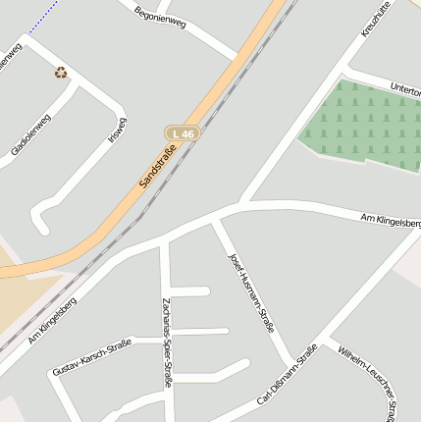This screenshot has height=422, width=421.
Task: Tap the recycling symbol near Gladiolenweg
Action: (x=61, y=72)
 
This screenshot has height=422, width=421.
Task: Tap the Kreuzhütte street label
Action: (x=376, y=20)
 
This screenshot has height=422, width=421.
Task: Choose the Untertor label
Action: (x=403, y=89)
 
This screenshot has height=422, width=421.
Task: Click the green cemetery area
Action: (x=358, y=125)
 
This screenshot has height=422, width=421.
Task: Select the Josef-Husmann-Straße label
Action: (x=251, y=292)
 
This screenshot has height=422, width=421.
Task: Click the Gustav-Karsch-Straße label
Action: (x=91, y=357)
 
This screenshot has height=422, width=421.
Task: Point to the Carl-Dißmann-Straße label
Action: (x=288, y=374)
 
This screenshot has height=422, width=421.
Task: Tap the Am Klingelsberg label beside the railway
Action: (x=52, y=321)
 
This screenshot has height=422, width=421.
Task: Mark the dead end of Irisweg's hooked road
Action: (x=43, y=231)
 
